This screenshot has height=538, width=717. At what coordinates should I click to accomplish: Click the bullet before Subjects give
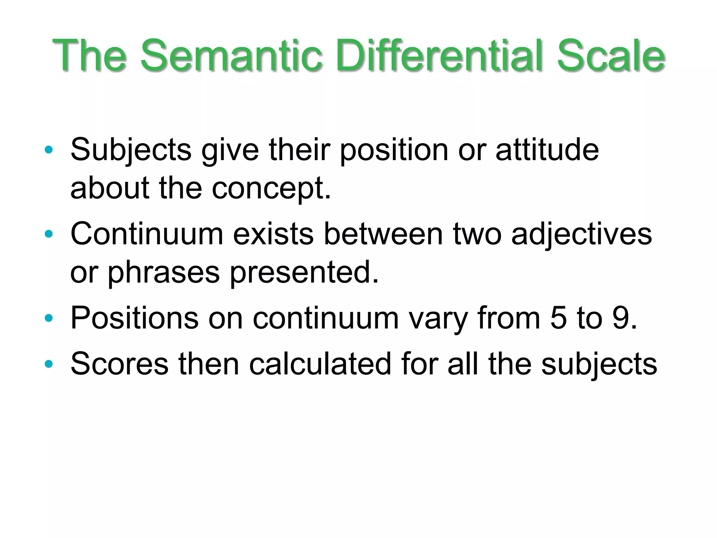point(49,150)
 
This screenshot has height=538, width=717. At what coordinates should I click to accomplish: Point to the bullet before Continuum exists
point(49,234)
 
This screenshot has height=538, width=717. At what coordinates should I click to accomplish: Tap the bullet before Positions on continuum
point(49,318)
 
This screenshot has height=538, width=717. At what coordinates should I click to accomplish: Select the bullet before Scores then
point(49,364)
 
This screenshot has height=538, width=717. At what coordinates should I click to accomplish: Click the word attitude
point(547,150)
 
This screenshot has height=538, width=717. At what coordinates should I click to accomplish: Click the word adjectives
point(582,234)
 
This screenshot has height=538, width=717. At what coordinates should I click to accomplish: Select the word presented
point(304,273)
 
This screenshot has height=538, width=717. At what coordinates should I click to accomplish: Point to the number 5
point(558,318)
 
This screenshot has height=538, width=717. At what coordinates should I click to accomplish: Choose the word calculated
point(320,364)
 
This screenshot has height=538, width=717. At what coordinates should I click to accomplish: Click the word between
point(383,234)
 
